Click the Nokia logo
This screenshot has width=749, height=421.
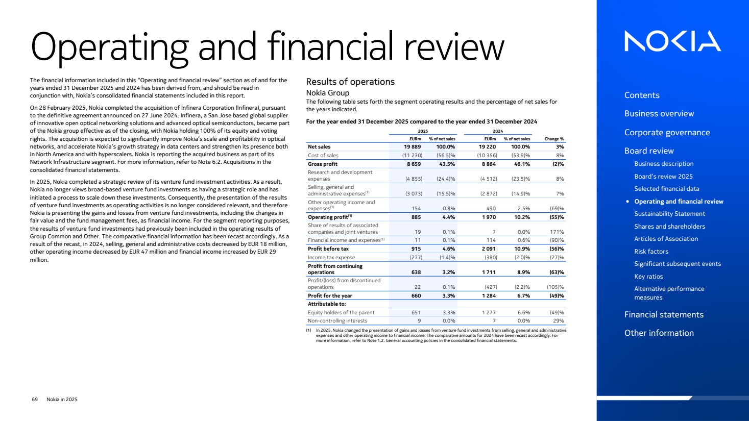click(672, 41)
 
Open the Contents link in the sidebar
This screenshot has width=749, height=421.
click(642, 95)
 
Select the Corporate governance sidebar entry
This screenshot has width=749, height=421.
click(667, 133)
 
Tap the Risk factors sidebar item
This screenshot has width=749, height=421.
click(651, 252)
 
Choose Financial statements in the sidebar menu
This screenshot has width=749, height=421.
click(664, 315)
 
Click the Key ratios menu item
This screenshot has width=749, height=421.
click(648, 277)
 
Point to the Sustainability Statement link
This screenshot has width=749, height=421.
click(669, 214)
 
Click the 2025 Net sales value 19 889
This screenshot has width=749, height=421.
click(412, 147)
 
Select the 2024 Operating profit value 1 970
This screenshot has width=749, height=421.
click(488, 217)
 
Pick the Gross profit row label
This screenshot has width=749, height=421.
click(323, 164)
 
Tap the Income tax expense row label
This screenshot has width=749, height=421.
click(331, 258)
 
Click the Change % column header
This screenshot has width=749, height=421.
click(554, 139)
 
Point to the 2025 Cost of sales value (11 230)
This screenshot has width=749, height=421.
click(412, 156)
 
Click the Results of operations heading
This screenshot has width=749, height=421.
click(350, 82)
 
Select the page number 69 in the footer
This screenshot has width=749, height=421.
click(35, 400)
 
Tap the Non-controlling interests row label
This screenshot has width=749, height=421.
click(337, 321)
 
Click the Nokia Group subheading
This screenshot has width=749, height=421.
click(328, 93)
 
